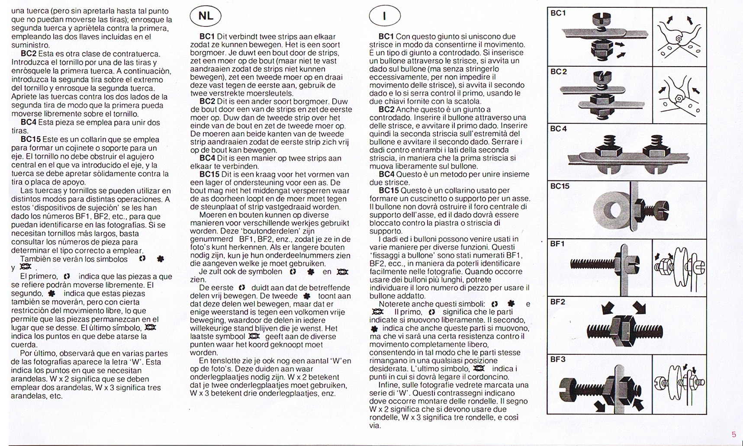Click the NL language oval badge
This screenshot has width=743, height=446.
[206, 16]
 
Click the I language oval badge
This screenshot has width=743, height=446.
[384, 16]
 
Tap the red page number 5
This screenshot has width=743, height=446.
[733, 434]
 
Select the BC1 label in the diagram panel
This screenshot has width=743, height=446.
[558, 13]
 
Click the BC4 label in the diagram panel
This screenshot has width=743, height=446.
[558, 129]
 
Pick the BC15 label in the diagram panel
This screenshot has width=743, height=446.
[560, 186]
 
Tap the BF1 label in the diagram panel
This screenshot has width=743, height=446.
[557, 244]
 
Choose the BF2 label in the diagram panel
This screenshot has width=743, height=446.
[557, 302]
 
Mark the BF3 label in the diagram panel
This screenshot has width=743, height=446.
[557, 359]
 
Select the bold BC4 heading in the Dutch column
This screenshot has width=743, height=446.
[207, 158]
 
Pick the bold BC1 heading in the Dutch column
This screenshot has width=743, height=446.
[207, 37]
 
